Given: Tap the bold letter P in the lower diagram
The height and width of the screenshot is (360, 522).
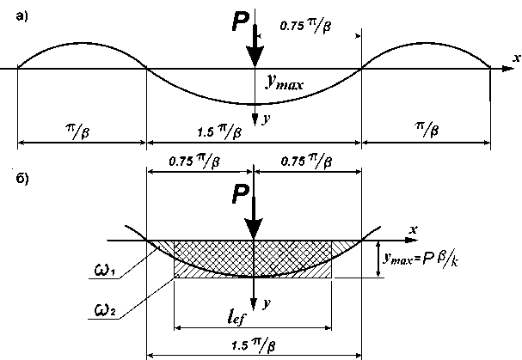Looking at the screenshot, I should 242,197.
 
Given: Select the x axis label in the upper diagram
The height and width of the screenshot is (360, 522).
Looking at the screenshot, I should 515,57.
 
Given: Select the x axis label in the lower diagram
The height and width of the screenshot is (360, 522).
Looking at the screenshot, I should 414,229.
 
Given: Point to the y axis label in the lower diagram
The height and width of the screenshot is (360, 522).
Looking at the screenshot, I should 267,302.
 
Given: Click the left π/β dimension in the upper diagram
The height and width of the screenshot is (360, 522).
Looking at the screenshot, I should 81,129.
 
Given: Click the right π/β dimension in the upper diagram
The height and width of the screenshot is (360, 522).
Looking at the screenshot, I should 425,129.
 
